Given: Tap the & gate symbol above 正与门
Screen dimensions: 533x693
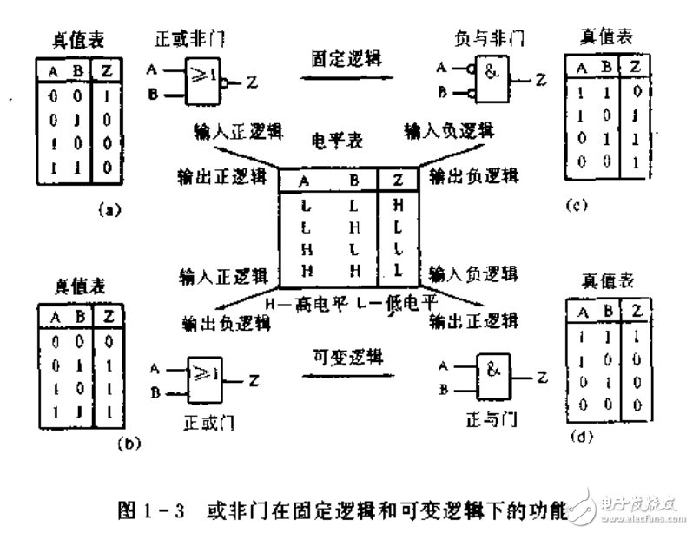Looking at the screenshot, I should [x=491, y=375].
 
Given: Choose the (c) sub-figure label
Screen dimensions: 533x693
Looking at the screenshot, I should [x=574, y=207].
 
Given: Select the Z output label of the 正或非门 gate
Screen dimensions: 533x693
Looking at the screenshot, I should [x=253, y=82].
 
